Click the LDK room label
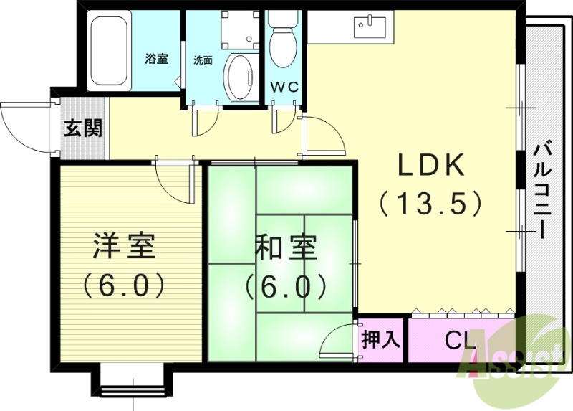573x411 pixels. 433,166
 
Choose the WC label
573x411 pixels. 284,88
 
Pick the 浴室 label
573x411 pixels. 157,59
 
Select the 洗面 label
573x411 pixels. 203,60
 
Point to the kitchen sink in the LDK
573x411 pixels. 370,27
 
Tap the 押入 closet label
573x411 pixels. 380,339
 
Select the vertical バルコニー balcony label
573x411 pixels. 542,191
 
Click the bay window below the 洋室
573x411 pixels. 133,381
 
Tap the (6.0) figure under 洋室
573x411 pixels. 124,285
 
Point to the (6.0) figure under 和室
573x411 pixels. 286,286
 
